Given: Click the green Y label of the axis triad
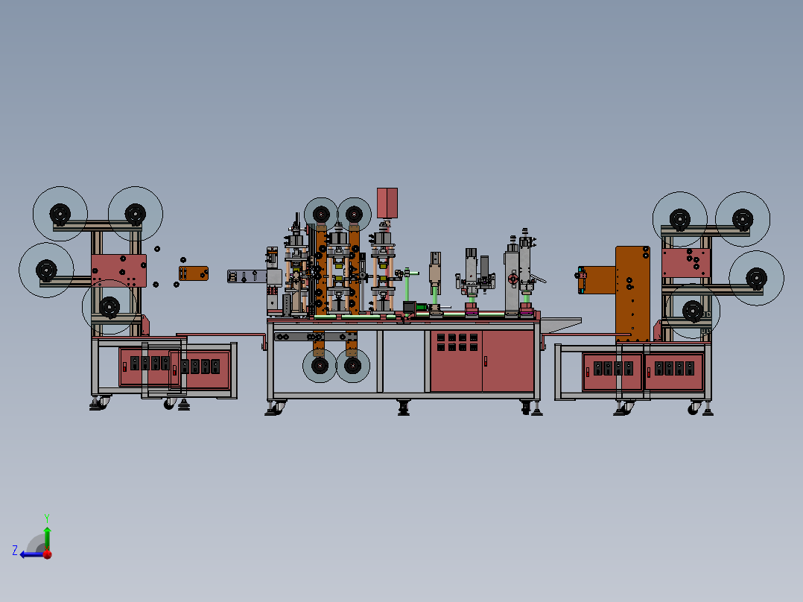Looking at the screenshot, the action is pos(47,518).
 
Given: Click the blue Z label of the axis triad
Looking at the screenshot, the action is pos(15,551).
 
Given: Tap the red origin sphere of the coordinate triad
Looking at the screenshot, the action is pos(48,554).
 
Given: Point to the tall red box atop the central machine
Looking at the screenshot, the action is pos(387,203).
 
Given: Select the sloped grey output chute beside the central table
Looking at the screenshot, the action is pos(561,325).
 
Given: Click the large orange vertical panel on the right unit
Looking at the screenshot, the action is pos(632,294).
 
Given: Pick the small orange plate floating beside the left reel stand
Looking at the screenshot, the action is pos(194,273).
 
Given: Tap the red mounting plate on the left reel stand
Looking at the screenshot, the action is pos(119,270).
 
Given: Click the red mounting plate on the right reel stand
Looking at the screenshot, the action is pos(686,263).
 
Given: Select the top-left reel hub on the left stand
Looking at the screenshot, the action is pos(60,214).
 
